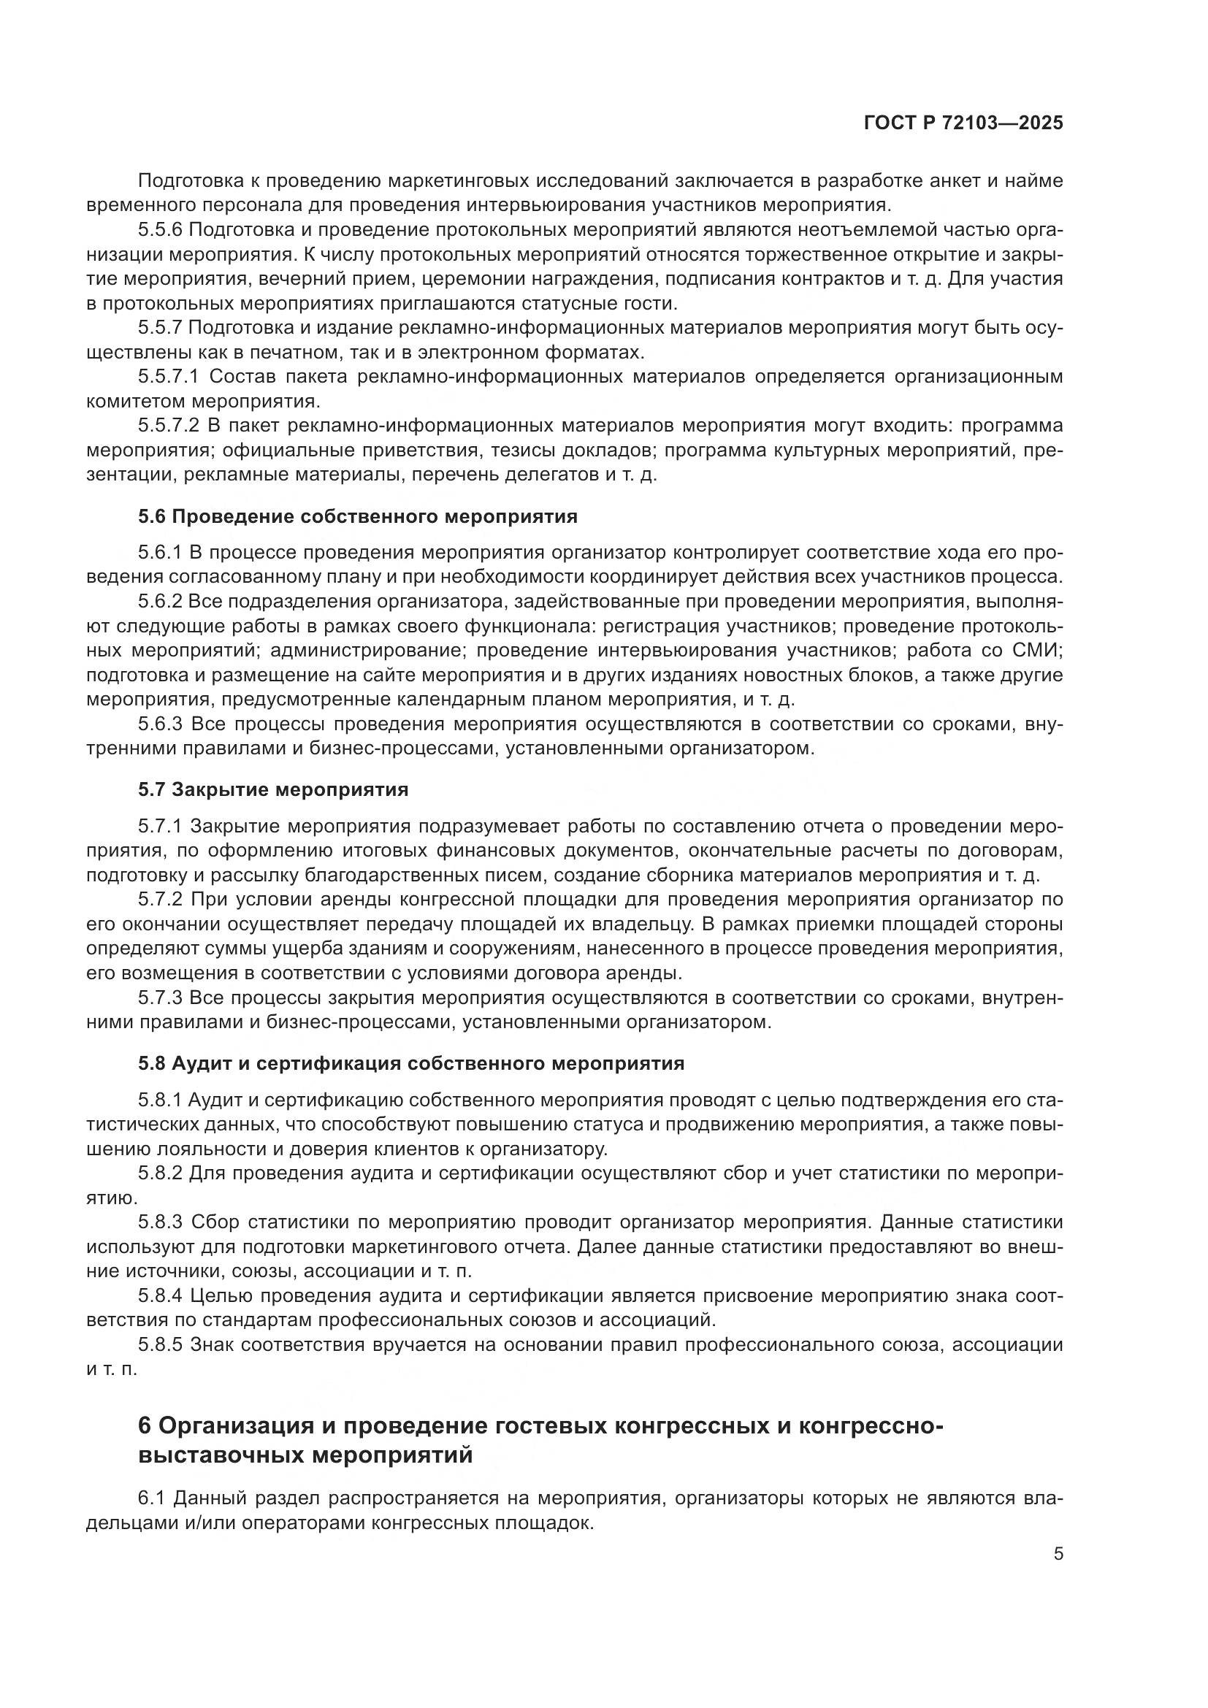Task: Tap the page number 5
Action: coord(1058,1554)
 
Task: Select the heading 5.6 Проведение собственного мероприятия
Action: coord(357,517)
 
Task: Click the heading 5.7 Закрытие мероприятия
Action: coord(273,789)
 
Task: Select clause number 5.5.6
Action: coord(160,231)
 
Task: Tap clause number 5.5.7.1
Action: coord(168,377)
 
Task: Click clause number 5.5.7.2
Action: coord(168,426)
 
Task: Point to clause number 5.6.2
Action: coord(160,602)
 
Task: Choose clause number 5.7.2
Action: coord(160,900)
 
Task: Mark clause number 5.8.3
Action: coord(160,1222)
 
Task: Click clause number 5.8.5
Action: coord(160,1345)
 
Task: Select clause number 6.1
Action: coord(152,1498)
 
